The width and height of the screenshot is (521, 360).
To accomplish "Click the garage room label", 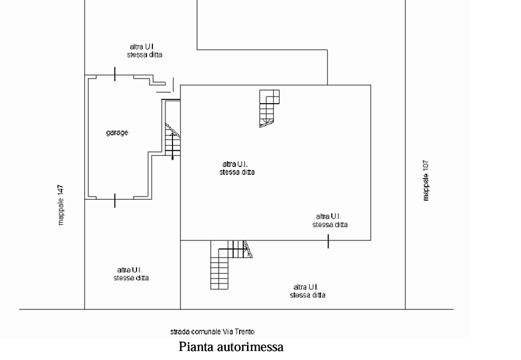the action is tap(117, 133).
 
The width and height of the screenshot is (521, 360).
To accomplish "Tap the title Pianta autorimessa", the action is tap(231, 347).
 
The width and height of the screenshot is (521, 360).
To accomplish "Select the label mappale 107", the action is tap(426, 181).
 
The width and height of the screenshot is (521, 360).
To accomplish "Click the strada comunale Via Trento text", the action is tap(212, 331).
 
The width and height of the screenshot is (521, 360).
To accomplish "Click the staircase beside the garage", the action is tap(173, 140).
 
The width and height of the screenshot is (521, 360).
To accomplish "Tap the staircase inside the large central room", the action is tap(269, 108).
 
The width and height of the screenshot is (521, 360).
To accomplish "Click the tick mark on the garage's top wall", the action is tap(115, 73).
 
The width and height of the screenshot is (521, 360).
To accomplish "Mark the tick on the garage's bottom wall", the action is tap(115, 200).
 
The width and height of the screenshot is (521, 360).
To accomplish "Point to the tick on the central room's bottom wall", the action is tap(328, 241).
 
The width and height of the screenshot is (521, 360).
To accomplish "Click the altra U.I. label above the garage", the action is tap(144, 50).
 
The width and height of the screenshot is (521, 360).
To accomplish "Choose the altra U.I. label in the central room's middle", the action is tap(237, 168).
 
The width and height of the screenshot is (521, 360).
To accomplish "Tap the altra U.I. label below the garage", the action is tap(131, 274).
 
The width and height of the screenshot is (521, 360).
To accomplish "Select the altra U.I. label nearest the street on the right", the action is tap(307, 291).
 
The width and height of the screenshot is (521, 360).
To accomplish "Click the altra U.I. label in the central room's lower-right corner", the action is tap(330, 220).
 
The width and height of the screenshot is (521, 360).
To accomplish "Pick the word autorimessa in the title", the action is tap(250, 347).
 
